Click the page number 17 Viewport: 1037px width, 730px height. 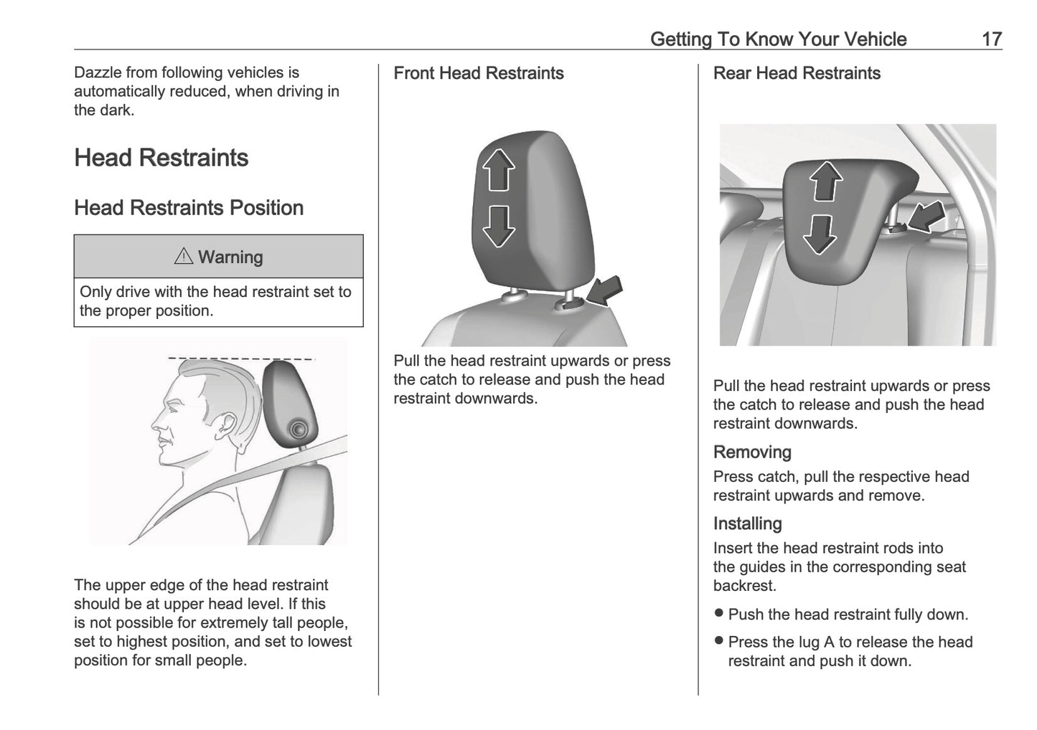pyautogui.click(x=991, y=39)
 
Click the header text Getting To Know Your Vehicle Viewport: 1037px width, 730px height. pyautogui.click(x=778, y=39)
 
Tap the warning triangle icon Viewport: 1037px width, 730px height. pyautogui.click(x=184, y=256)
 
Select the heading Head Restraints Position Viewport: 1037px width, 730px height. pyautogui.click(x=189, y=208)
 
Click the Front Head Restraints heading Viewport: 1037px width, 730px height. pyautogui.click(x=479, y=73)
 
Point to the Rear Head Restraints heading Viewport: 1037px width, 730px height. pyautogui.click(x=797, y=73)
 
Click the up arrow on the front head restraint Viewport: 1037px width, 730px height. pyautogui.click(x=498, y=170)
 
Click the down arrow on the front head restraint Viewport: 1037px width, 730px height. pyautogui.click(x=498, y=226)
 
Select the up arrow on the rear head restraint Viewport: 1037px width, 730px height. pyautogui.click(x=827, y=181)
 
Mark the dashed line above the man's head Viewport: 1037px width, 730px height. pyautogui.click(x=240, y=357)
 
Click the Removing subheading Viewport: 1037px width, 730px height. pyautogui.click(x=752, y=452)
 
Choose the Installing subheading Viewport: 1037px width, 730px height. pyautogui.click(x=747, y=523)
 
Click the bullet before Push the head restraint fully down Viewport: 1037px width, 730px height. pyautogui.click(x=719, y=614)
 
